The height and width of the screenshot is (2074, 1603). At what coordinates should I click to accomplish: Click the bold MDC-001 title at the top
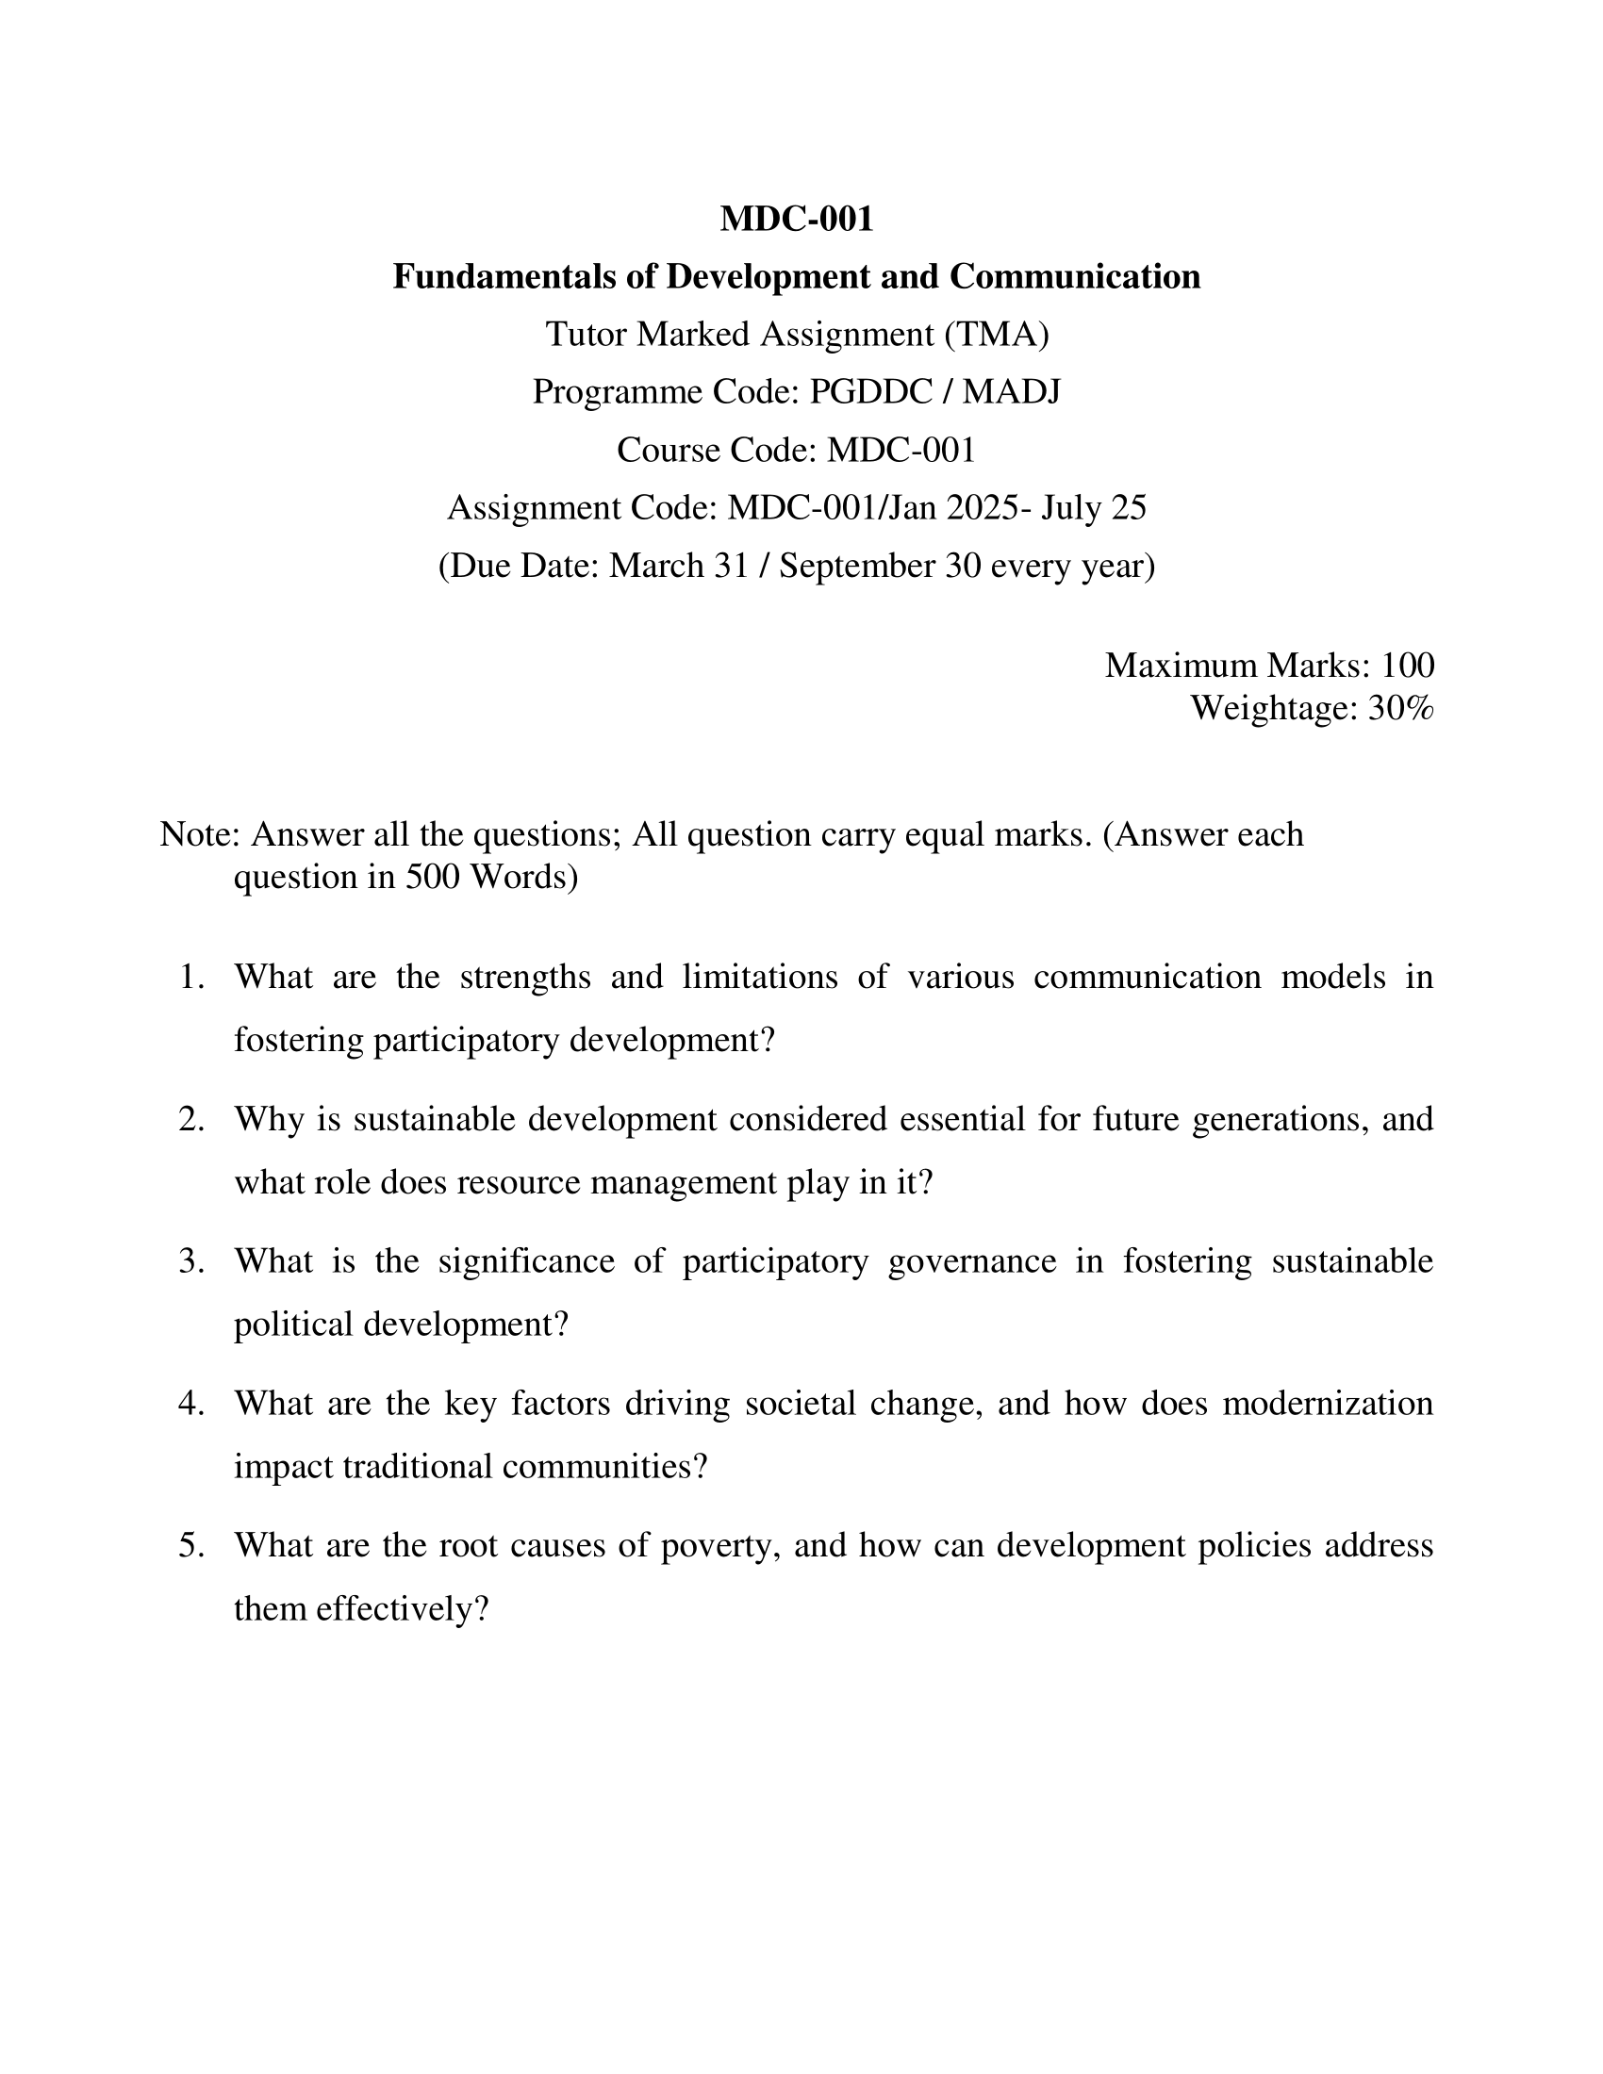click(796, 220)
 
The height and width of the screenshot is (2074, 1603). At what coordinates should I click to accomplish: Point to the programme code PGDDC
click(871, 392)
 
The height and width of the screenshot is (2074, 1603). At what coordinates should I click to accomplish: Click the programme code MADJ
click(1012, 392)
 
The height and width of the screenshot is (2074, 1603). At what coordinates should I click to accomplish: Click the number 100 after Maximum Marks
click(1407, 666)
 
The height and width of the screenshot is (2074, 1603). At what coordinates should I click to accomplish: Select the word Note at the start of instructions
click(197, 834)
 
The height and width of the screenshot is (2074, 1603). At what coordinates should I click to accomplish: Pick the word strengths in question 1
click(525, 978)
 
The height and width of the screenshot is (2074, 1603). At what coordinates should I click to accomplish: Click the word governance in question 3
click(971, 1262)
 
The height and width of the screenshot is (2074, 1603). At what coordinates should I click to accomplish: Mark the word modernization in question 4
click(1327, 1405)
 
